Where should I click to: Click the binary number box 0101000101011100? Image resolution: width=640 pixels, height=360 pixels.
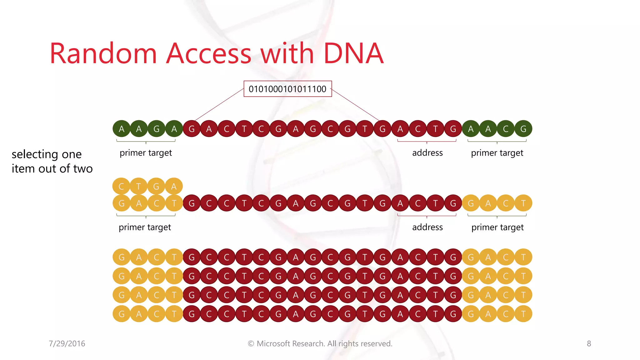tap(287, 89)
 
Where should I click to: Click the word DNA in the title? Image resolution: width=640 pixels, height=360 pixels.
tap(353, 53)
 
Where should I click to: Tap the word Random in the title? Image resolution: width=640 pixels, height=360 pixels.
tap(103, 53)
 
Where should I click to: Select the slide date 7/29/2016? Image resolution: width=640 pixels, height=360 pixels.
tap(67, 343)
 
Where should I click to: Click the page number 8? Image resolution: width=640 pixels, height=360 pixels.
tap(589, 343)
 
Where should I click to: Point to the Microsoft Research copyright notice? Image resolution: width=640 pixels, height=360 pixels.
tap(320, 343)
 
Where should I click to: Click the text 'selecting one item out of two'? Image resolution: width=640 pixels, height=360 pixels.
tap(52, 161)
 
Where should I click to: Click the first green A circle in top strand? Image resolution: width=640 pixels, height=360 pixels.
tap(122, 129)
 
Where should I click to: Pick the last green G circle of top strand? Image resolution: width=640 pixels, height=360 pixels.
tap(523, 129)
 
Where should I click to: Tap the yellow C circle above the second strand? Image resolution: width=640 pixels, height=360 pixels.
tap(122, 187)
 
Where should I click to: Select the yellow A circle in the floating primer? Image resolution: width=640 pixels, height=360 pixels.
tap(174, 187)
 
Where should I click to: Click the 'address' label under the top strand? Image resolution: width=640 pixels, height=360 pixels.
tap(427, 153)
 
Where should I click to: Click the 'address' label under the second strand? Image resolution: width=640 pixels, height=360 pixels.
tap(427, 227)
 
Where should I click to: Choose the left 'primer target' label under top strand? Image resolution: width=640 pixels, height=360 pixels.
tap(146, 153)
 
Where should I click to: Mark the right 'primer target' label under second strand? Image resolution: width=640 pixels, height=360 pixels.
tap(497, 227)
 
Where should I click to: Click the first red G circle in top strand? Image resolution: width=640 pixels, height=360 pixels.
tap(192, 129)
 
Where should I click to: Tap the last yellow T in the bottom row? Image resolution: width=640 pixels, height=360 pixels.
tap(523, 314)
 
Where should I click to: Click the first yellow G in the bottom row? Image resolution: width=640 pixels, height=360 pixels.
tap(122, 314)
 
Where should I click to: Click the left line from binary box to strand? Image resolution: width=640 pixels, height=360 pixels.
tap(219, 105)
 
